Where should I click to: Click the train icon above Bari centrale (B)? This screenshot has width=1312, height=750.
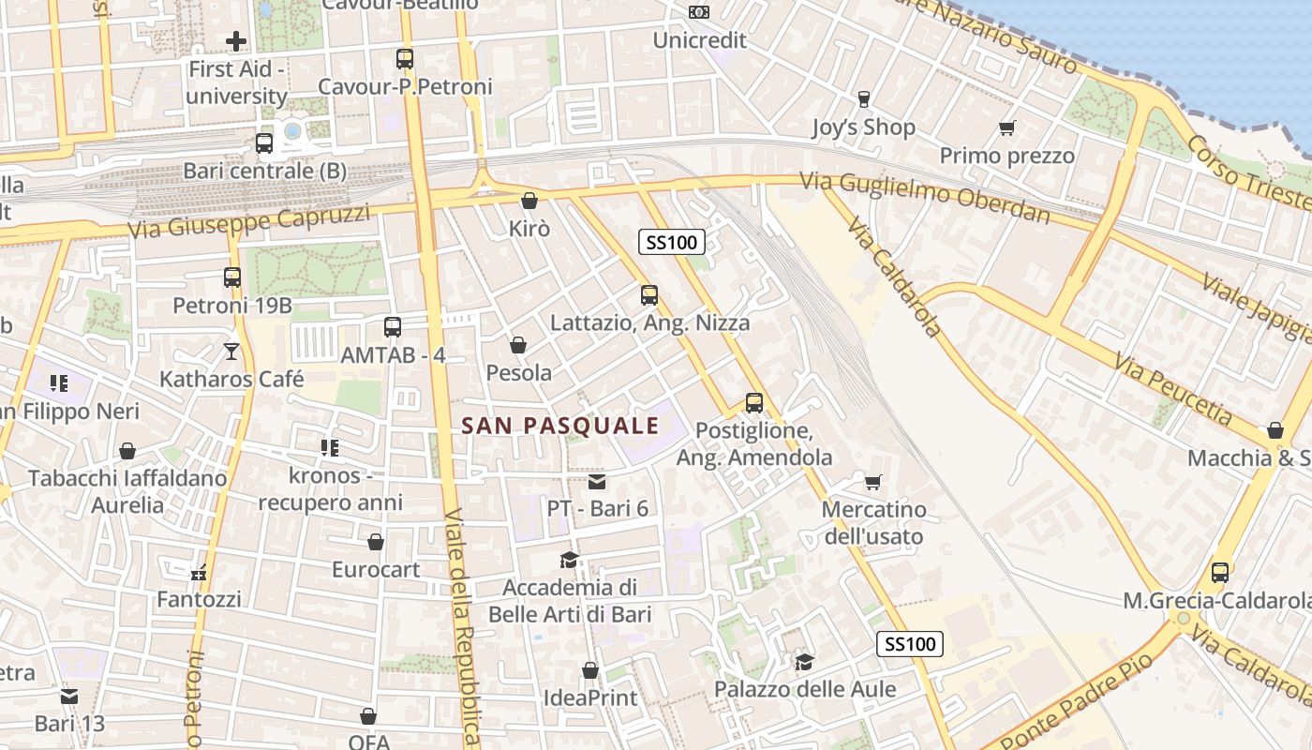[x=264, y=143]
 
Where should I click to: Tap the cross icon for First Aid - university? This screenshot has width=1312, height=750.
[x=236, y=41]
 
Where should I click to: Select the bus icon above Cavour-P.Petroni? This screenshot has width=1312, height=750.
[x=405, y=58]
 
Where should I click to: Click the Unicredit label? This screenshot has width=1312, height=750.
[x=699, y=40]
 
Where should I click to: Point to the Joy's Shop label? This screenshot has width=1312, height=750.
[x=863, y=127]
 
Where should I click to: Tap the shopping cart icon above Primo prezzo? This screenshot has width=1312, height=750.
[x=1007, y=127]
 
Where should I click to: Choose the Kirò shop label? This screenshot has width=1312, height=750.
[x=529, y=229]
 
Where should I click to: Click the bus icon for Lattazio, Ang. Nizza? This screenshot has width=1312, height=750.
[x=649, y=295]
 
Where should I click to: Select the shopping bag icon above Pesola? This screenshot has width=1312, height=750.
[x=518, y=345]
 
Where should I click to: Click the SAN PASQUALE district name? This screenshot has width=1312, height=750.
[x=560, y=426]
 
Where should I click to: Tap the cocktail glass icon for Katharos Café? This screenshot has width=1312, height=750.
[x=231, y=352]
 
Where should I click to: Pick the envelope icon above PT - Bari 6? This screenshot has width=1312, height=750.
[x=597, y=482]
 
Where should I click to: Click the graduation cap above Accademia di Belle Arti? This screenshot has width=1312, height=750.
[x=569, y=561]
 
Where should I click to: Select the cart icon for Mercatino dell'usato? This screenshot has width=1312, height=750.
[x=873, y=482]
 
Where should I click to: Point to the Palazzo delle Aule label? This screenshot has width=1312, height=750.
[x=805, y=690]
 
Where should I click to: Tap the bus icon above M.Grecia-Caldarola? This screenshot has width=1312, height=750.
[x=1220, y=572]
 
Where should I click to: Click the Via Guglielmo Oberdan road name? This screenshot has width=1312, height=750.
[x=925, y=198]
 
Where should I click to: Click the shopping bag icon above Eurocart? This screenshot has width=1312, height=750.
[x=376, y=542]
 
